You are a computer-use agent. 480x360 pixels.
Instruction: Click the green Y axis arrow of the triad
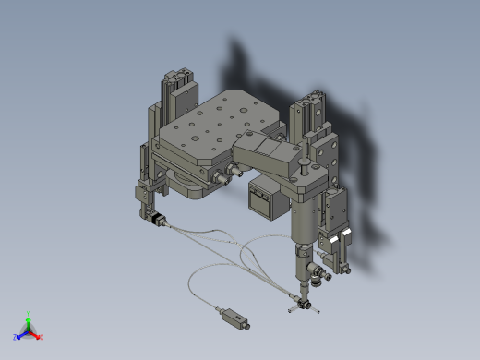[29, 317]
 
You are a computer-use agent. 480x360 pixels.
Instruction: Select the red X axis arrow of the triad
[39, 336]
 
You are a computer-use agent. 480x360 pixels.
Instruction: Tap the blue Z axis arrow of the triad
[18, 336]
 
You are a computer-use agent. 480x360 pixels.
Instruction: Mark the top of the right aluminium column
[307, 99]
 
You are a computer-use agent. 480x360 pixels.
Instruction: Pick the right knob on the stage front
[236, 170]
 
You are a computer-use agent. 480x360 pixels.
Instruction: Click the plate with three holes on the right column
[325, 143]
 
